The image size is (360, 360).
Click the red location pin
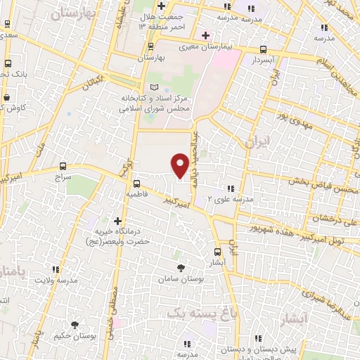tap(180, 165)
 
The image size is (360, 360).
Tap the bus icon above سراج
tap(64, 167)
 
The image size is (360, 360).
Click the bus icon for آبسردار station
tap(263, 49)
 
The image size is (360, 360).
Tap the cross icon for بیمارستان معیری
tap(205, 35)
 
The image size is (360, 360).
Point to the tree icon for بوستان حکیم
tap(75, 324)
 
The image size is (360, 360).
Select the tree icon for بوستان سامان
tap(181, 268)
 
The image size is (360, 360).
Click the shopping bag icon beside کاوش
tap(6, 97)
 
